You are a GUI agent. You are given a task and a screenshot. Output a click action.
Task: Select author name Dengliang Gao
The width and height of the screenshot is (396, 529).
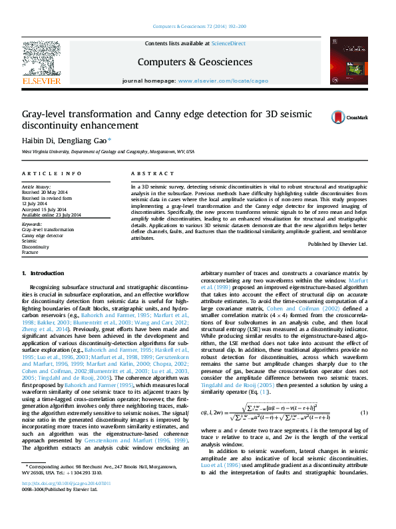click(x=87, y=141)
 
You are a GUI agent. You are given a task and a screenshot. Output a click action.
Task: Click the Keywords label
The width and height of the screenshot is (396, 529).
click(x=33, y=224)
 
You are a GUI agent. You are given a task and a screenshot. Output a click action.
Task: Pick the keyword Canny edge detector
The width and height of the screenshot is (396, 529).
click(x=43, y=235)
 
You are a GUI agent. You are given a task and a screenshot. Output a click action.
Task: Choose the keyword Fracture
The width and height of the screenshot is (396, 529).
click(x=31, y=253)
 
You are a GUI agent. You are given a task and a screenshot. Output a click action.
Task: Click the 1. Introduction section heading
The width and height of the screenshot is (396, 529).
click(x=43, y=274)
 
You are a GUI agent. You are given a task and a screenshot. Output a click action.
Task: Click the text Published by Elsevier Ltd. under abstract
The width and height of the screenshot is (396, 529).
click(x=337, y=244)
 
